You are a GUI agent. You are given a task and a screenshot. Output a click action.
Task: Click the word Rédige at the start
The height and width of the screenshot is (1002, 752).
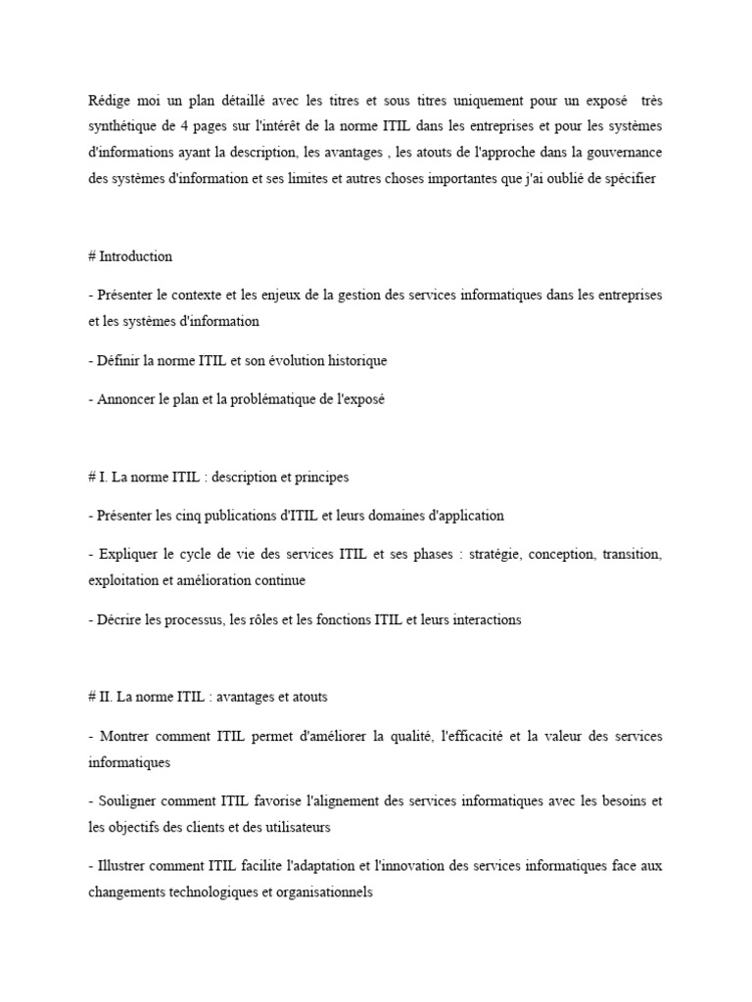pos(108,101)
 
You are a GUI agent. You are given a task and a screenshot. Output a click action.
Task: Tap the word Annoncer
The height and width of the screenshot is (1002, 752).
pos(128,399)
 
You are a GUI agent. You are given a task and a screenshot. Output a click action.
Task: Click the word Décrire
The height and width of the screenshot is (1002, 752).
pos(120,619)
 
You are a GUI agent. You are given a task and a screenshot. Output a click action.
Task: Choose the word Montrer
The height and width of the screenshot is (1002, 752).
pos(127,735)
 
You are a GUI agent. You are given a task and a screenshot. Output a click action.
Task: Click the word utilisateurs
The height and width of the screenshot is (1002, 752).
pos(292,826)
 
